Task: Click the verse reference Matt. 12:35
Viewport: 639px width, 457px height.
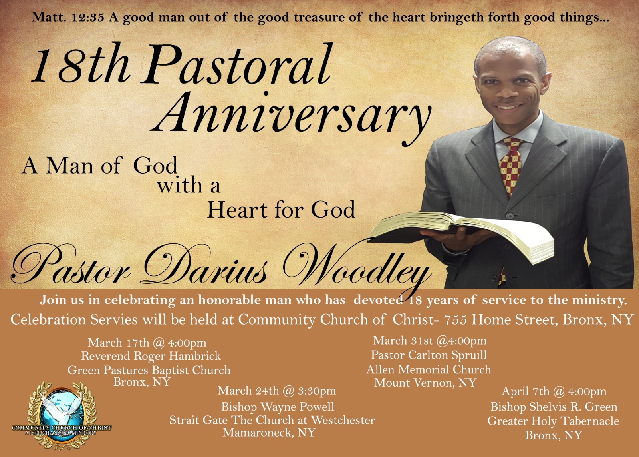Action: [x=68, y=17]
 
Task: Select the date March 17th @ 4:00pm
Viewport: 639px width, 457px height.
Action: [x=147, y=343]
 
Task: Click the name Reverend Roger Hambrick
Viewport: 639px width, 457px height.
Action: [x=151, y=356]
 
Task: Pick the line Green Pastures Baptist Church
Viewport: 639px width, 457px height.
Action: [x=149, y=370]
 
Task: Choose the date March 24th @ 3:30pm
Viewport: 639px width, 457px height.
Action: [x=277, y=391]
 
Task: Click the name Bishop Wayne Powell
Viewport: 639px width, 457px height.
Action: [x=278, y=407]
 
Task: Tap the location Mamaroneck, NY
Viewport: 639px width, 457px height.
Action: [x=269, y=433]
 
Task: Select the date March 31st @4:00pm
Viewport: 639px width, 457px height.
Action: [x=430, y=341]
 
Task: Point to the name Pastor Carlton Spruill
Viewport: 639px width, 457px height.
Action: [x=429, y=355]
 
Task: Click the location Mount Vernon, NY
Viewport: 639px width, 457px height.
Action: [x=425, y=383]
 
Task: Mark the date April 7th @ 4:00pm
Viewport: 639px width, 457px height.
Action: [x=554, y=391]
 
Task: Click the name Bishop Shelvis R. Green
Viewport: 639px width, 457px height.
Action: [x=554, y=407]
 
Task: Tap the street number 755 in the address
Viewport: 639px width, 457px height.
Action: [x=456, y=319]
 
